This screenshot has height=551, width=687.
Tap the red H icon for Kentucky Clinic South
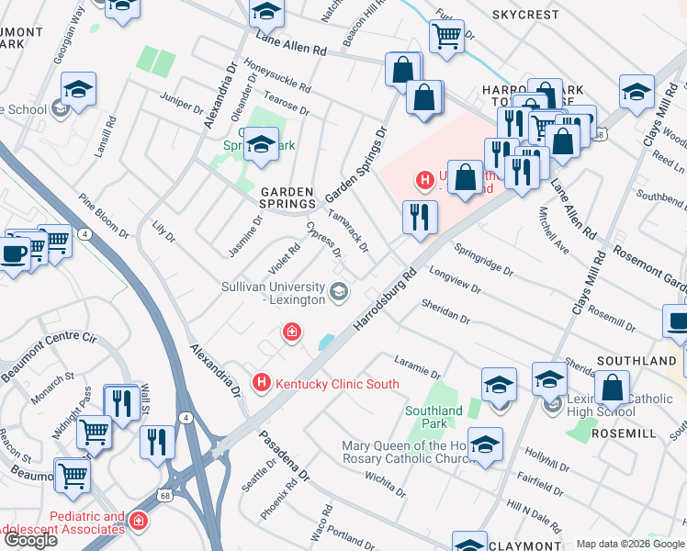[x=262, y=381]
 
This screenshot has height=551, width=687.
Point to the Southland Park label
[x=434, y=417]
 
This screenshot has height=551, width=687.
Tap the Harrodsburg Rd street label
[x=386, y=298]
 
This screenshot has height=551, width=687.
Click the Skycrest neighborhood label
[x=524, y=16]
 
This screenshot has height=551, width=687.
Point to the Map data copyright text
[x=630, y=544]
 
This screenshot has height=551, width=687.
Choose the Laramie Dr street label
[x=418, y=368]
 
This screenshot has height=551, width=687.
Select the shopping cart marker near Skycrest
[x=446, y=37]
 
